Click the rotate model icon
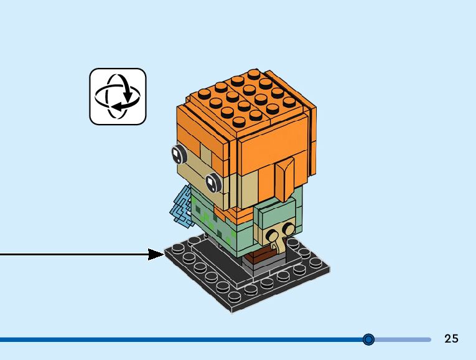(118, 97)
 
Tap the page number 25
(451, 339)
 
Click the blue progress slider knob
(368, 339)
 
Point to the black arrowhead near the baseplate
(156, 254)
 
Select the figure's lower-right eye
(213, 181)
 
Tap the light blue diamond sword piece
(181, 204)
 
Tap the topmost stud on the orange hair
(253, 74)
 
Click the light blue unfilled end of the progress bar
(404, 339)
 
